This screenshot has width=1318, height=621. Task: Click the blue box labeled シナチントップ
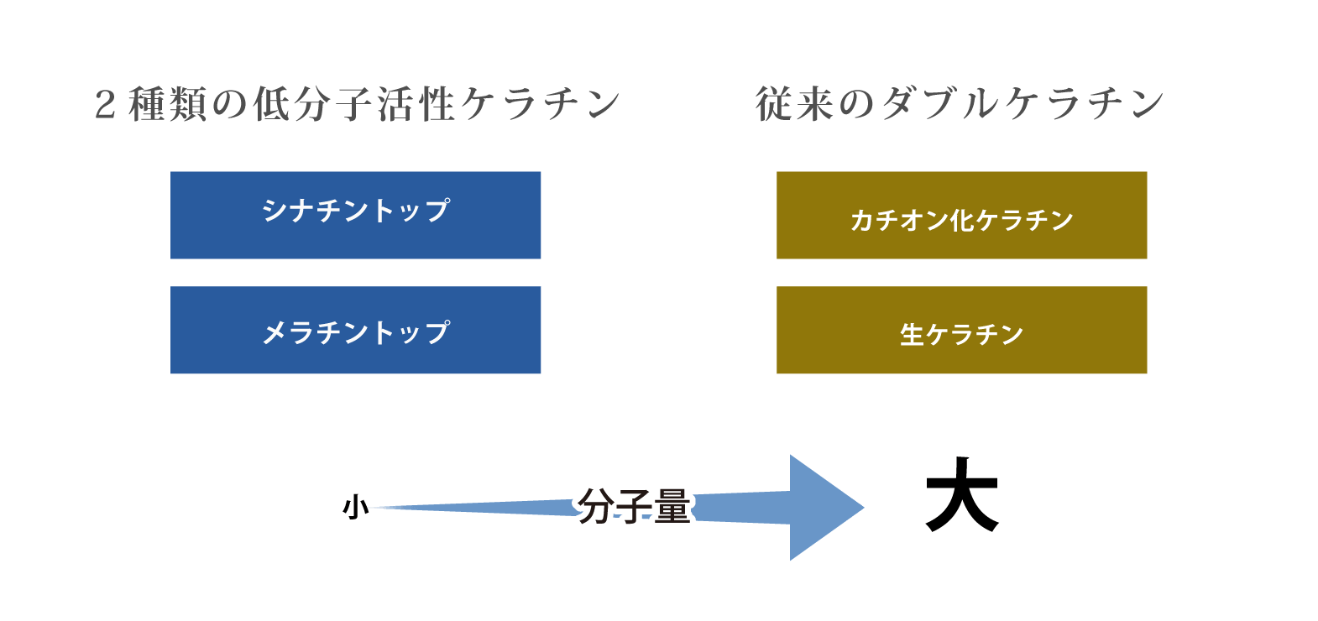point(356,215)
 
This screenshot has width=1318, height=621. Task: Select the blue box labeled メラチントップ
point(356,330)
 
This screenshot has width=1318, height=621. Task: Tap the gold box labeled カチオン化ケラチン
point(961,215)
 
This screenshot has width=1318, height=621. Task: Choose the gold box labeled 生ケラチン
point(961,330)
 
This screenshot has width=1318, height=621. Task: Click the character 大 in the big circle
point(962,495)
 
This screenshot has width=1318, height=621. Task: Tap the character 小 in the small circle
point(356,507)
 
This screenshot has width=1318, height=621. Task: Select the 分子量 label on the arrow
point(634,506)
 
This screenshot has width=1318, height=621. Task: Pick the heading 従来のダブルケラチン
point(960,104)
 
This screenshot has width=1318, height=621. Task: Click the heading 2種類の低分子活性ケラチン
point(358,104)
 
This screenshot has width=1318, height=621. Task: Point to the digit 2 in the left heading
point(105,105)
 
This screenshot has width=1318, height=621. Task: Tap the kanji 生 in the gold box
point(912,335)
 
